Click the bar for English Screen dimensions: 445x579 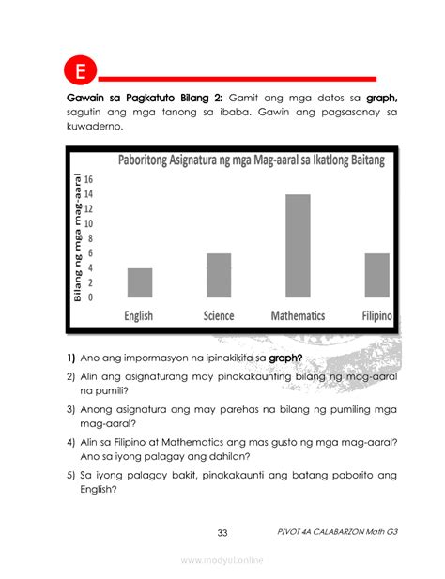click(140, 282)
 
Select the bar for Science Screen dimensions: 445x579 click(219, 275)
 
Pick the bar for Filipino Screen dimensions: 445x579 click(377, 275)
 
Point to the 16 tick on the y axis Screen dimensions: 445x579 click(88, 178)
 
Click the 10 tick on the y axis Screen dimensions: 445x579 click(88, 223)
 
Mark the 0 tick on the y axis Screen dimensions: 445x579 click(90, 297)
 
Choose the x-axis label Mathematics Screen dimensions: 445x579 click(298, 316)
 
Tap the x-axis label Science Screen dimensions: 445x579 click(219, 316)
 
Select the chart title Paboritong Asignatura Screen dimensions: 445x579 click(251, 160)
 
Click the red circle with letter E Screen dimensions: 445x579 click(80, 72)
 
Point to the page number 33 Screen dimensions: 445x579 click(222, 533)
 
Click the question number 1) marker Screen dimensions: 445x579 click(70, 358)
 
